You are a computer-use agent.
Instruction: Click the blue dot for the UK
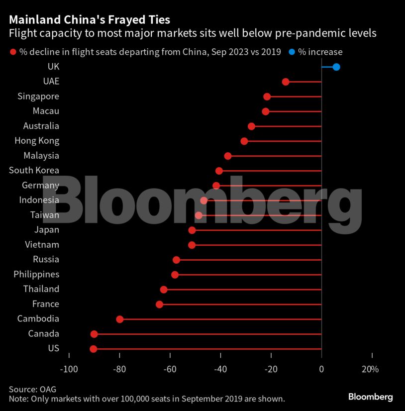tap(336, 67)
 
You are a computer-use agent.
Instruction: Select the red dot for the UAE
tap(286, 82)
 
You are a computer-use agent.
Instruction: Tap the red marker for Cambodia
tap(119, 319)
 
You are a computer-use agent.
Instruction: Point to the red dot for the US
tap(94, 349)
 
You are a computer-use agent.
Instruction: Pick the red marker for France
tap(159, 304)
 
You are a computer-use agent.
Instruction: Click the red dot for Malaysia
tap(228, 156)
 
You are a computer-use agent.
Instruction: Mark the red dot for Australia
tap(251, 126)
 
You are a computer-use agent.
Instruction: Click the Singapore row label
tap(38, 97)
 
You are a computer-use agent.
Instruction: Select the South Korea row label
tap(34, 170)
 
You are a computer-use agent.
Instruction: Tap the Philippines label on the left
tap(36, 274)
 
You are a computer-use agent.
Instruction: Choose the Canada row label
tap(43, 333)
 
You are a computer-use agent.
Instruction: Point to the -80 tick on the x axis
tap(119, 369)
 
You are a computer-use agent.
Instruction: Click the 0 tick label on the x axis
tap(321, 369)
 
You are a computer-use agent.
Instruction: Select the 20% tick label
tap(370, 369)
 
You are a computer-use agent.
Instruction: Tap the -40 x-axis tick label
tap(220, 369)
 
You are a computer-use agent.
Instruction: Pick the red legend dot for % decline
tap(12, 52)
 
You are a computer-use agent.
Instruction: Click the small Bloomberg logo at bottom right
tap(370, 397)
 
